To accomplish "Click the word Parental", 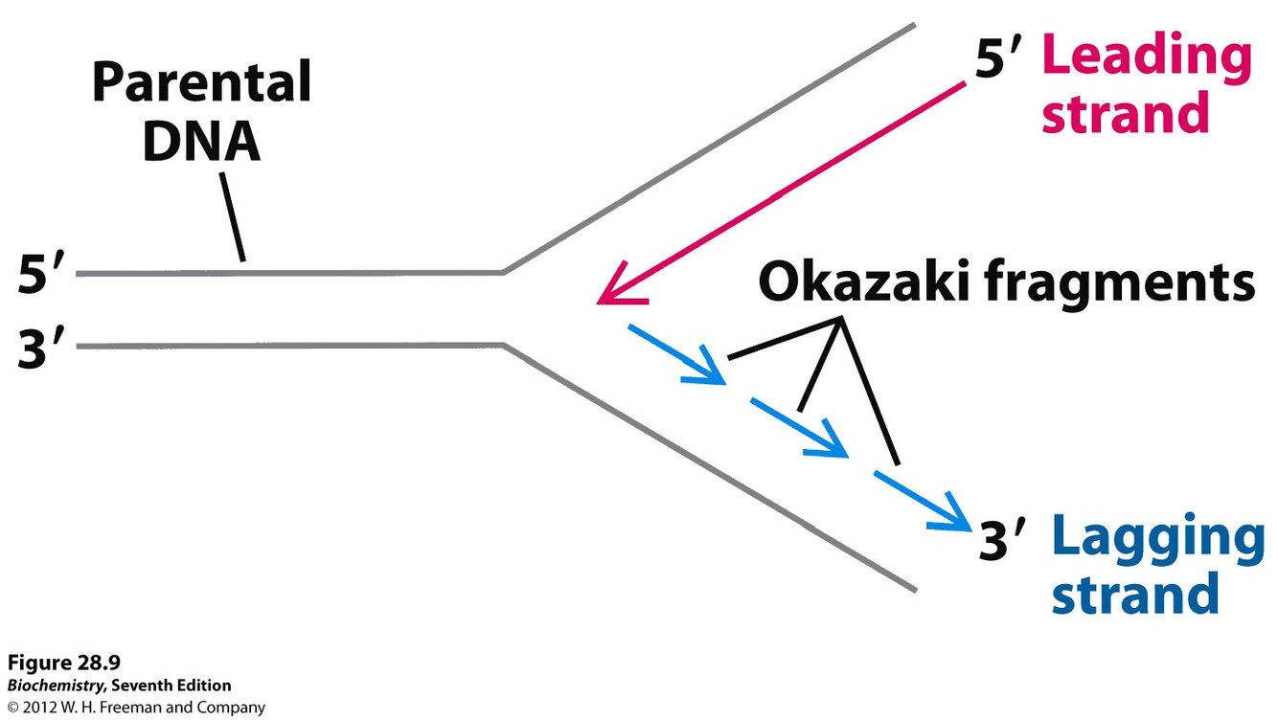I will click(201, 84).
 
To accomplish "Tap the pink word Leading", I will click(1146, 57).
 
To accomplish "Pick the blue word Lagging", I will click(1158, 539).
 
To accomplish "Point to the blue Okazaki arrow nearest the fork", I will click(676, 355).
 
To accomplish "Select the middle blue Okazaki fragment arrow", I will click(800, 426).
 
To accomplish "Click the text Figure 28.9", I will click(64, 663).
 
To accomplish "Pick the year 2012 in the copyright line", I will click(44, 709).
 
